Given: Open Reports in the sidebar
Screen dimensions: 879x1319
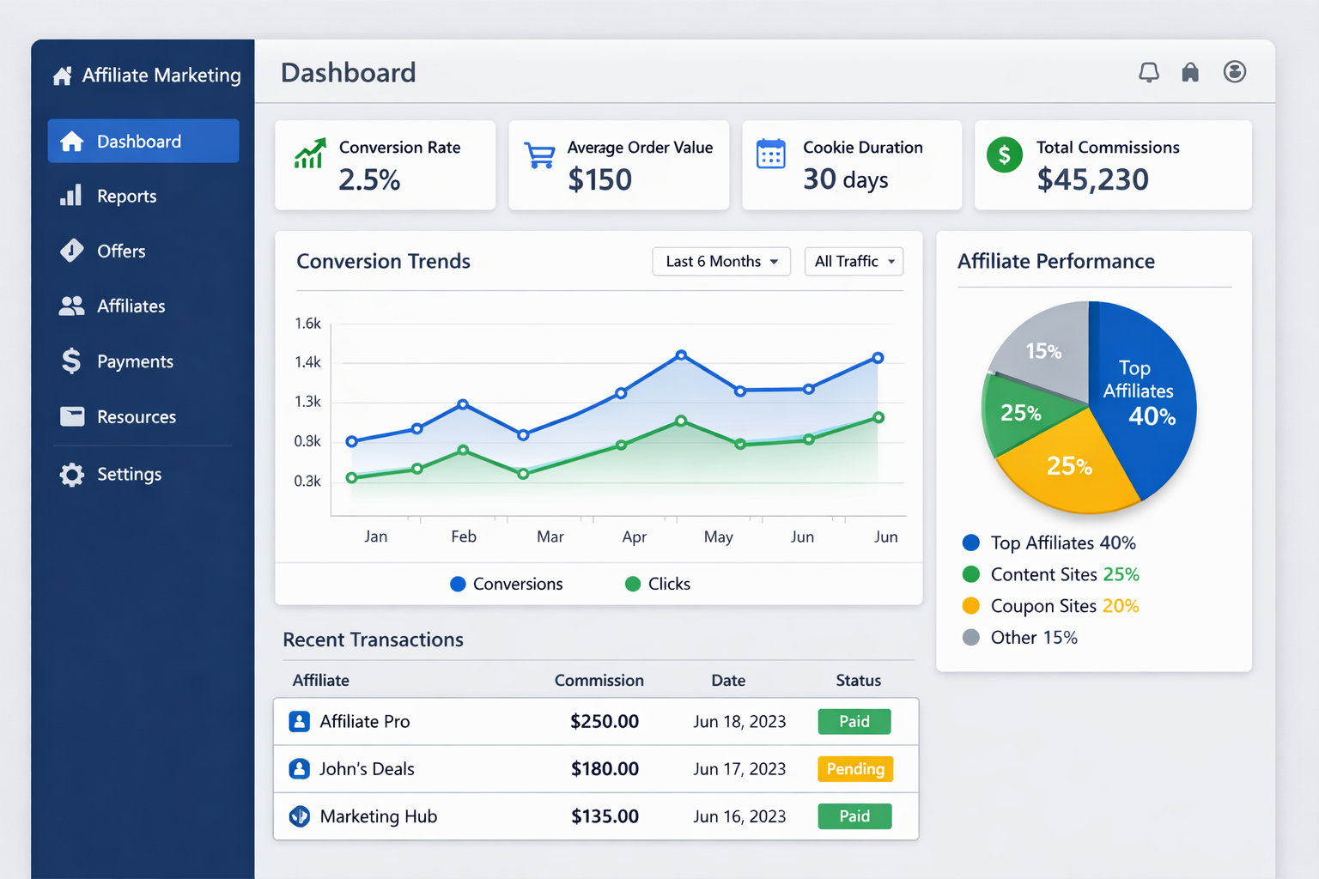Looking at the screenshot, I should (126, 197).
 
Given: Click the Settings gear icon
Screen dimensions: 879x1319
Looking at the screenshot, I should (72, 475).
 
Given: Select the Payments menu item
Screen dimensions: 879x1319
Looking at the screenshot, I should (135, 361).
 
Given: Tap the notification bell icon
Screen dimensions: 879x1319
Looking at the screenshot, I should (1148, 72).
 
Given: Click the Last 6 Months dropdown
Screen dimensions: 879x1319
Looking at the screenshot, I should (721, 262).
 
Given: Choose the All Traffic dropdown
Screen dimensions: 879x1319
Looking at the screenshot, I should (854, 262).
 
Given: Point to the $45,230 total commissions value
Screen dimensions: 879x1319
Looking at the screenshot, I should (1092, 179).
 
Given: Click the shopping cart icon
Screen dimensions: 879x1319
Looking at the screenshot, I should (539, 155).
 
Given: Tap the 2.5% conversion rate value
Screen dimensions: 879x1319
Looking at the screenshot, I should (369, 179).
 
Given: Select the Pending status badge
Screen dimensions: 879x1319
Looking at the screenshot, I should (855, 769).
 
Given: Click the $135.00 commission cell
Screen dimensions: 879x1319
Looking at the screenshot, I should (605, 816).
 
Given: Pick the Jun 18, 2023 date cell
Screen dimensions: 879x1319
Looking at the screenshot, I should (739, 722).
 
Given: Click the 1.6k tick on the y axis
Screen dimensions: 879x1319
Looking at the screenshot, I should (307, 324).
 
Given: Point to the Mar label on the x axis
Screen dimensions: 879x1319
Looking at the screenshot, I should (550, 536).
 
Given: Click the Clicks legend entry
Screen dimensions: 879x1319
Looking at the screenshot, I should (658, 584).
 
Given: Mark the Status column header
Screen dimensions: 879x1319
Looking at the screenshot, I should (858, 681).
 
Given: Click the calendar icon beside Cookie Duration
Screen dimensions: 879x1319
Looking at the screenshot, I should (770, 155).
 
